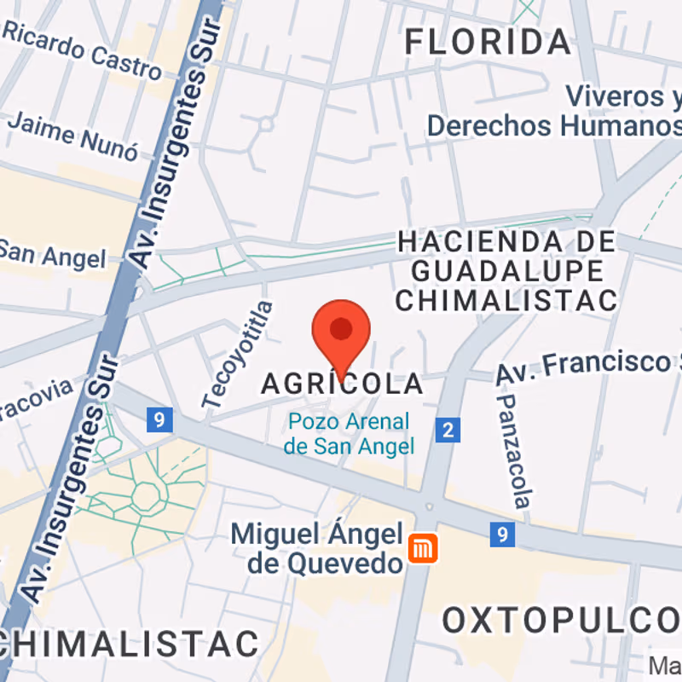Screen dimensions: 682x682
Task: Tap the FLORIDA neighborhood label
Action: [487, 41]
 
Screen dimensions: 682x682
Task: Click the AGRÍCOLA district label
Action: [342, 384]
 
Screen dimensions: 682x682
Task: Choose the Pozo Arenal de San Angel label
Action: [349, 433]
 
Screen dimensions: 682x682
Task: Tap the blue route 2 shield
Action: [448, 430]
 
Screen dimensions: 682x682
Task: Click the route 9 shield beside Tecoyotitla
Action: [159, 419]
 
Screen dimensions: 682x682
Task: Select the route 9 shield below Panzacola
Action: [503, 535]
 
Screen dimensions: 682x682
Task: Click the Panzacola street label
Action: [515, 450]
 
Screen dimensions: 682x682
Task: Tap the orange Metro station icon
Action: [422, 548]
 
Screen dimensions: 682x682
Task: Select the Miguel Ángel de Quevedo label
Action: [317, 548]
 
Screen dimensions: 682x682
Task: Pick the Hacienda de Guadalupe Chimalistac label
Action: [506, 270]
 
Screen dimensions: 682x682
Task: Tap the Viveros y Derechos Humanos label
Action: [554, 111]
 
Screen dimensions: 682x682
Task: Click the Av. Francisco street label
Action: [588, 367]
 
